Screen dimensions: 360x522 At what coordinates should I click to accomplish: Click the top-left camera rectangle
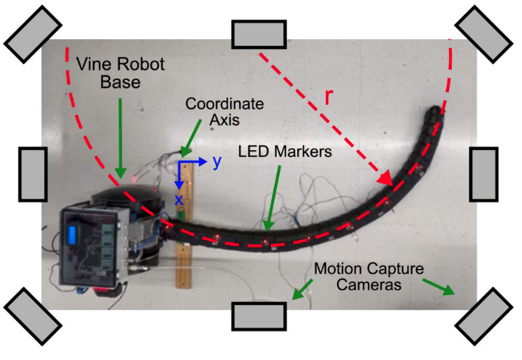tap(33, 34)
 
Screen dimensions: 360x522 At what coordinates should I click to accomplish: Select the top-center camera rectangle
tap(259, 34)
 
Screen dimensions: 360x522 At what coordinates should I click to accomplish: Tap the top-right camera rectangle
tap(484, 34)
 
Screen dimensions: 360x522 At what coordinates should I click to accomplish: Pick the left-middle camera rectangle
tap(32, 174)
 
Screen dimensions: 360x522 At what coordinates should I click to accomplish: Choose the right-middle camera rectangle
tap(484, 174)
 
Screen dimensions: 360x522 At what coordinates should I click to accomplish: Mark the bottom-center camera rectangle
tap(259, 316)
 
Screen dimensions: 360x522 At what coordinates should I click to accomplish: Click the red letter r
tap(329, 97)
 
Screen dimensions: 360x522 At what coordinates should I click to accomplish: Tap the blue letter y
tap(216, 161)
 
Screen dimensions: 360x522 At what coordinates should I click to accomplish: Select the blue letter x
tap(180, 199)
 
